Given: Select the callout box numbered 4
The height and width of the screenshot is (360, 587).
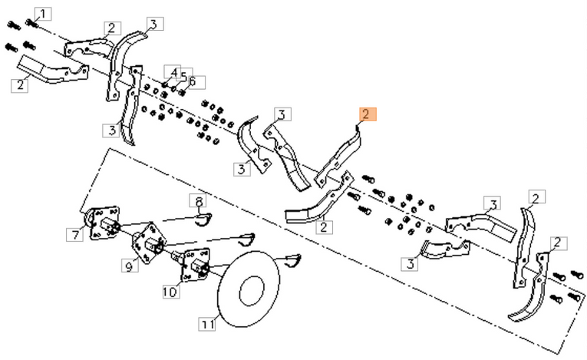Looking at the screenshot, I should click(x=174, y=73).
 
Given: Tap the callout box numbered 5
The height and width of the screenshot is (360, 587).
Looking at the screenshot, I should click(x=183, y=76).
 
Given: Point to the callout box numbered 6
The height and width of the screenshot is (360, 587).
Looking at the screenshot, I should click(x=191, y=81).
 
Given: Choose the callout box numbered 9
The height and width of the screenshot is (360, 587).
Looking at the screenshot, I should click(x=130, y=267).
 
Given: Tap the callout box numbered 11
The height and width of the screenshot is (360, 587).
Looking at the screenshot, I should click(x=207, y=325).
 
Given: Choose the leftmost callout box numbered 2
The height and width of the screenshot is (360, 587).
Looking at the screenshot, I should click(x=19, y=84).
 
